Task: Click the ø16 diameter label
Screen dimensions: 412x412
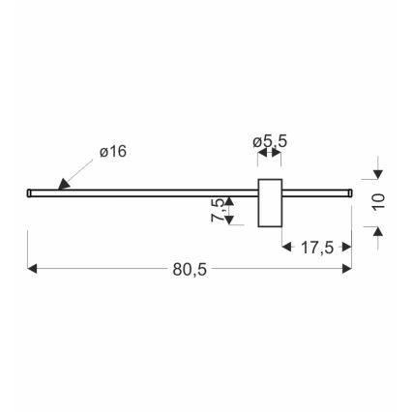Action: [x=113, y=152]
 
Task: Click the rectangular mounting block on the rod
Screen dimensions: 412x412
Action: [x=269, y=203]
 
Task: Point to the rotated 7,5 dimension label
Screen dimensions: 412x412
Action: [x=219, y=210]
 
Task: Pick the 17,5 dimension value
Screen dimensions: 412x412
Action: [x=316, y=248]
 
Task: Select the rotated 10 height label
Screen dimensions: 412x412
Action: [x=379, y=201]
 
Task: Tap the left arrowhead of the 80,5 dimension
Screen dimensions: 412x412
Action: [x=34, y=269]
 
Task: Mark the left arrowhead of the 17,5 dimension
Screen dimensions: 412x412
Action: [x=287, y=247]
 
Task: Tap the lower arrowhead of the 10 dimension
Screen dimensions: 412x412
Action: [x=379, y=229]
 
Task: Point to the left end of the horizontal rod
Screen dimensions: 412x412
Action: [x=29, y=192]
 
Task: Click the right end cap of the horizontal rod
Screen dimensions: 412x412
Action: [x=348, y=192]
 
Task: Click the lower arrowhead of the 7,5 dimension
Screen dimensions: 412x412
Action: [x=229, y=221]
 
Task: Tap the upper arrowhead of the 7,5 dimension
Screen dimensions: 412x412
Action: [x=229, y=199]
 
